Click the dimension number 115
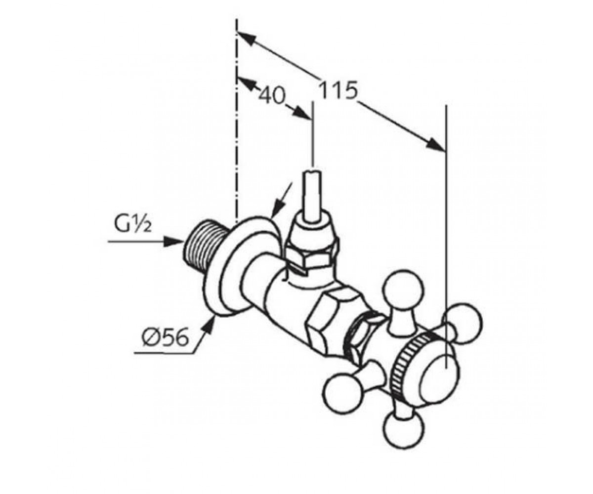click(x=338, y=90)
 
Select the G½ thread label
click(x=132, y=225)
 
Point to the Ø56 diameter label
click(x=165, y=337)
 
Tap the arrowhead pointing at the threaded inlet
click(x=174, y=242)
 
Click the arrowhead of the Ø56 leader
click(x=209, y=326)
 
